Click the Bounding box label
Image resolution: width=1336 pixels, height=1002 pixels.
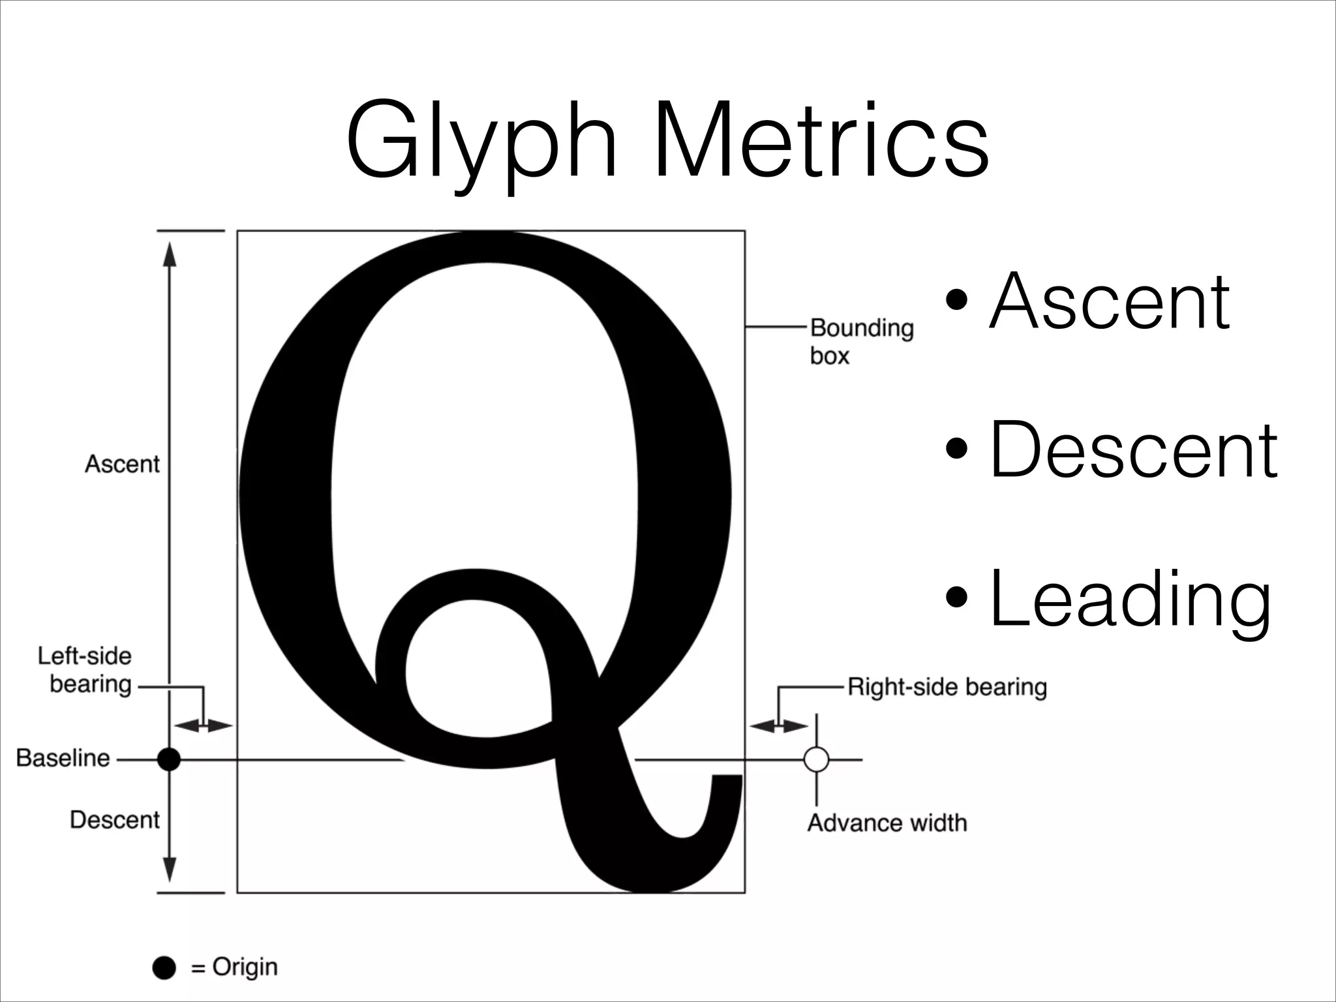861,341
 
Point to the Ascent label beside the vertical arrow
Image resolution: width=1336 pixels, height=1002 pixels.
122,464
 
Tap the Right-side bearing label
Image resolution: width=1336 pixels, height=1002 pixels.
947,687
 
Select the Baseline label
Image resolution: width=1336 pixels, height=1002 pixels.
63,758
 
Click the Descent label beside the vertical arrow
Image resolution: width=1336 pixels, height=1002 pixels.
114,820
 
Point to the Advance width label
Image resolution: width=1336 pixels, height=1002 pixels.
887,823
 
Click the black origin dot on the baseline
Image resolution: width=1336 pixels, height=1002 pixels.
169,759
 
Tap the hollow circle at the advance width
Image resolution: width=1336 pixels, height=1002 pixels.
816,759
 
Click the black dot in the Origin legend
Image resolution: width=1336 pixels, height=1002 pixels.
164,968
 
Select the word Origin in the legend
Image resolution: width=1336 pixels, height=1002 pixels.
245,967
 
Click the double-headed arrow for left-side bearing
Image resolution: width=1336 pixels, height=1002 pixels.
204,725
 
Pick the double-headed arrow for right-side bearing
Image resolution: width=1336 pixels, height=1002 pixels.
779,725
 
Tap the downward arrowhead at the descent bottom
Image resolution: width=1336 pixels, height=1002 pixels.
170,871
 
